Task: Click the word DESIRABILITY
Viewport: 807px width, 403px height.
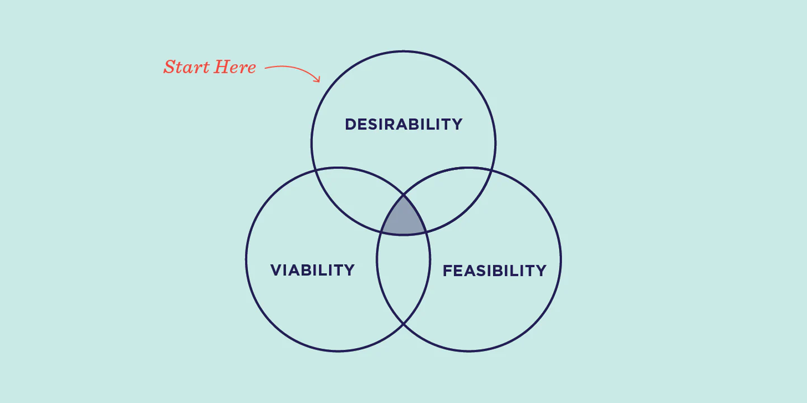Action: [x=403, y=124]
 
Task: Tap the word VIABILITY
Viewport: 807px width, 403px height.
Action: [x=312, y=270]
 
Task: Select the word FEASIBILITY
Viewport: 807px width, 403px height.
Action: [x=495, y=271]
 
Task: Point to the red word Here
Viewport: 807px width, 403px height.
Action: [x=235, y=68]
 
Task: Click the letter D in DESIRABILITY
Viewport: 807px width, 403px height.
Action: [x=351, y=124]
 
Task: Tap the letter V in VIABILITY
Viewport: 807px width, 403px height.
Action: [x=277, y=270]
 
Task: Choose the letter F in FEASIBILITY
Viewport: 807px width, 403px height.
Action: [x=447, y=271]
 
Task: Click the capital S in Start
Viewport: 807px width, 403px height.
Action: [x=171, y=67]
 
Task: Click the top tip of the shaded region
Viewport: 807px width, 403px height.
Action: [x=403, y=196]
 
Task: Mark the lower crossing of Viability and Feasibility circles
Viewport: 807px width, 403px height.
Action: [x=403, y=324]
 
